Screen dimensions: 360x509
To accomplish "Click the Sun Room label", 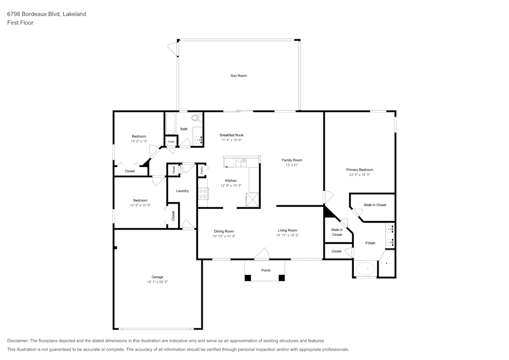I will click(x=239, y=76).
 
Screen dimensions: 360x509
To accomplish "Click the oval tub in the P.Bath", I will click(x=365, y=268).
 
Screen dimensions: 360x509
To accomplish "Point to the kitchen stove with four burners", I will click(x=203, y=193).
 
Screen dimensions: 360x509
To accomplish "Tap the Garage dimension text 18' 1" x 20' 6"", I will click(x=157, y=282).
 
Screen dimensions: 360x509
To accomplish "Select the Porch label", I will click(x=266, y=270).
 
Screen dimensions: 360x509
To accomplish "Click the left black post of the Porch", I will click(x=248, y=278).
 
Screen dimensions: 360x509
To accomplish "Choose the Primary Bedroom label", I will click(x=359, y=170).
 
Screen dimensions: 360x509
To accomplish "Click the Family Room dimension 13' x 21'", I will click(x=292, y=165).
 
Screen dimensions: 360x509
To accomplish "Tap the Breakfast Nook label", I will click(x=232, y=135).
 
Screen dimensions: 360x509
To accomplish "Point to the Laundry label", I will click(x=182, y=191).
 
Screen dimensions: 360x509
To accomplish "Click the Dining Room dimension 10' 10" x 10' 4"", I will click(x=224, y=236).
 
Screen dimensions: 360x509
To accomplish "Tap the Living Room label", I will click(x=287, y=230).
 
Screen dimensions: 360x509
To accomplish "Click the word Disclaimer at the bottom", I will click(x=18, y=341).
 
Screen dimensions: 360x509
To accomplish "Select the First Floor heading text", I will click(x=20, y=23).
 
